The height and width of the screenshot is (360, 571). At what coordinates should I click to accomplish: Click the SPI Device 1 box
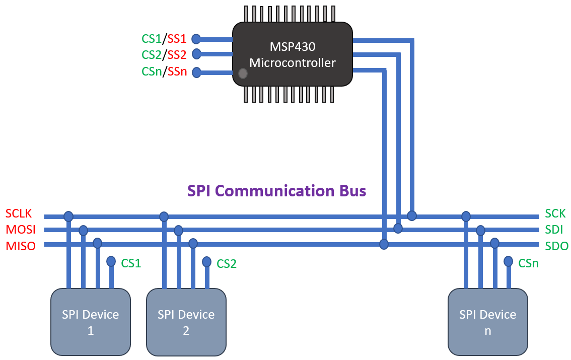pos(91,322)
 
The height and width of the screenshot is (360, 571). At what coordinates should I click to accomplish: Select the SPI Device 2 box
pos(186,322)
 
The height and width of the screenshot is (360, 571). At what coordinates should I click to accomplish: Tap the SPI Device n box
pos(487,322)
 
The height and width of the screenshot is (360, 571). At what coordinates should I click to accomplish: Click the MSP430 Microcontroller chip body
pos(292,54)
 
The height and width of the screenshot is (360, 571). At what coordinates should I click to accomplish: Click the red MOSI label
pos(21,230)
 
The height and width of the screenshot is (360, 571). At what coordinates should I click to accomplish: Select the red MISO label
pos(21,246)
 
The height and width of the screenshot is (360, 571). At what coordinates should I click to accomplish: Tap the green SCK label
pos(555,213)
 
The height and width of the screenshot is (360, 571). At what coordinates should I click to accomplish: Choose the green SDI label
pos(554,230)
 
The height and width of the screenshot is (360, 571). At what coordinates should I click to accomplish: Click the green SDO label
pos(556,246)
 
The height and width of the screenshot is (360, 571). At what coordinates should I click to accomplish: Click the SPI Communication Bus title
pos(276,191)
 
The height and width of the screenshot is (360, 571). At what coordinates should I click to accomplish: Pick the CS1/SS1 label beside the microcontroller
pos(164,39)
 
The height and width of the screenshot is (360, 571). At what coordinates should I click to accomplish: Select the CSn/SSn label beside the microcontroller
pos(164,72)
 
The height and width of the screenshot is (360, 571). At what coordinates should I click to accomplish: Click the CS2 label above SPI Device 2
pos(227,264)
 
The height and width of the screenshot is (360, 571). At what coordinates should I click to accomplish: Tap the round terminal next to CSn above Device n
pos(509,261)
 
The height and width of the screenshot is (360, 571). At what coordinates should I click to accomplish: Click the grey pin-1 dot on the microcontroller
pos(243,74)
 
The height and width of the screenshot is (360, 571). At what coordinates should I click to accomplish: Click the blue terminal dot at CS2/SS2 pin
pos(196,54)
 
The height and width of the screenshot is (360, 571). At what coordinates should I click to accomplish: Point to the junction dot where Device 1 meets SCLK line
pos(68,217)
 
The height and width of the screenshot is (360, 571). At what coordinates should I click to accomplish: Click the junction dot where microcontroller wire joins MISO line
pos(384,245)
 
